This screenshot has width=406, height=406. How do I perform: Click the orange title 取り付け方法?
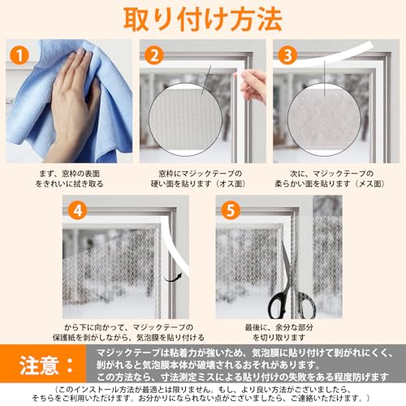click(203, 19)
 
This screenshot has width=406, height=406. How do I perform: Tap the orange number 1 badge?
click(19, 57)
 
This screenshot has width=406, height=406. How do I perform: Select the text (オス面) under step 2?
click(235, 184)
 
